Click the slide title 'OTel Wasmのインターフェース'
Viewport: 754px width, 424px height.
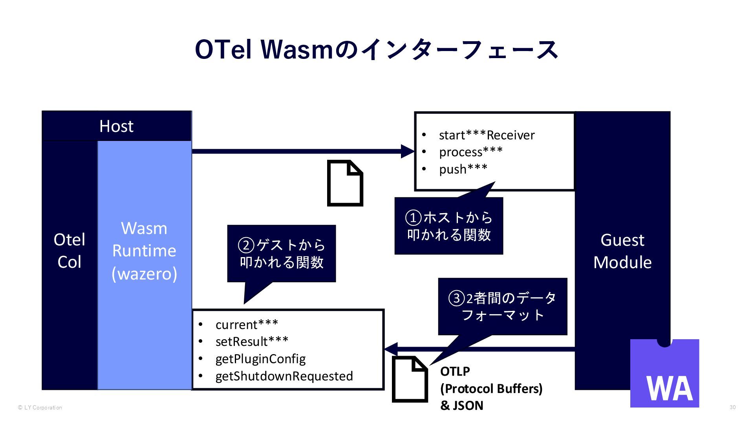point(376,50)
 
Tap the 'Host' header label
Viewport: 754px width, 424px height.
point(116,126)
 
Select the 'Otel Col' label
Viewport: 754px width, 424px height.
point(69,250)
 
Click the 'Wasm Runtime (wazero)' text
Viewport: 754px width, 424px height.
point(144,250)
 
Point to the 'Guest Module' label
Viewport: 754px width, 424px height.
point(622,250)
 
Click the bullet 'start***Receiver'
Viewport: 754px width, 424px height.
point(487,135)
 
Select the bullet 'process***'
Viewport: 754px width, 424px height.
point(471,152)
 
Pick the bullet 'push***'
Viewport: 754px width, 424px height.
point(463,169)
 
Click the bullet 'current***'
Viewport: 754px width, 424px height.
point(247,325)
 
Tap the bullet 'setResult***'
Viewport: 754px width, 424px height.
point(252,342)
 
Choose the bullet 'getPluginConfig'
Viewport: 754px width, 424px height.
point(260,359)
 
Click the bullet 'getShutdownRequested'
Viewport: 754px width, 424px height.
point(284,376)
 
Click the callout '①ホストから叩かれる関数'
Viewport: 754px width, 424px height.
point(448,226)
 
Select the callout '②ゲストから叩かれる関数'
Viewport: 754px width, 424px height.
point(281,254)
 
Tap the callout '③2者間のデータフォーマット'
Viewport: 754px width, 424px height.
point(502,307)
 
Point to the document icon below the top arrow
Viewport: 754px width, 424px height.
point(345,183)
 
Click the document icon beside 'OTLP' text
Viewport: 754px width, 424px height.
point(410,379)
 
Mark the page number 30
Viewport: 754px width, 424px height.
point(732,407)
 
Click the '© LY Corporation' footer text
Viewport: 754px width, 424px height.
point(40,408)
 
